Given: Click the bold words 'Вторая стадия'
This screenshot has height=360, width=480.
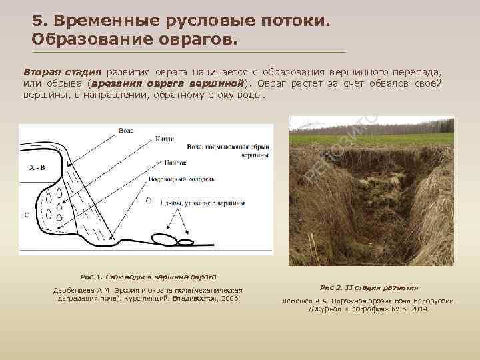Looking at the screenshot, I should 62,72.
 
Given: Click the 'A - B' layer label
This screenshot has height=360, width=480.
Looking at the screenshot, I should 37,167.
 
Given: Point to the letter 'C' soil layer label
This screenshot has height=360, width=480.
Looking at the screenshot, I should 25,215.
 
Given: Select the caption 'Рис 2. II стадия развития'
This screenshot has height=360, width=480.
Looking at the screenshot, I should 369,287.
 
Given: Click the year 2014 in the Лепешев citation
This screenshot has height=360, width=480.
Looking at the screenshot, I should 419,309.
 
